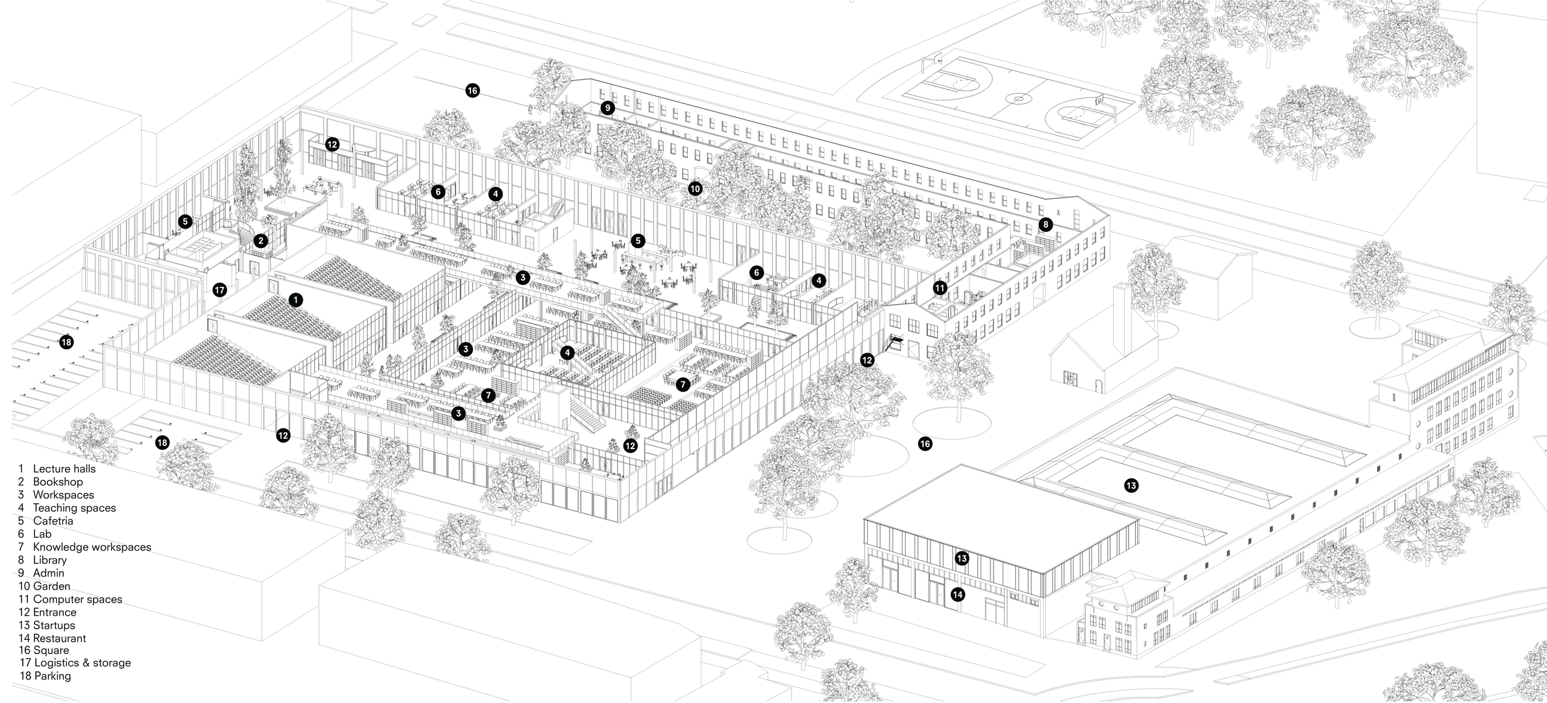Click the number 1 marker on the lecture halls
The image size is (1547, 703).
point(296,300)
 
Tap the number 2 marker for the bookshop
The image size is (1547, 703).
point(261,240)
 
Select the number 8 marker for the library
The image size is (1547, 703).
point(1046,225)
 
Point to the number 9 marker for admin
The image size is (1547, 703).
point(607,108)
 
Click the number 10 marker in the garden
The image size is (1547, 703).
point(695,188)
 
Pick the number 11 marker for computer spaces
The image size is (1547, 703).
point(940,287)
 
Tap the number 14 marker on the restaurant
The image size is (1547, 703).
point(958,595)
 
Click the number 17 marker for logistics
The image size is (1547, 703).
point(219,289)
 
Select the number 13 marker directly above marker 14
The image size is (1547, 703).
point(961,559)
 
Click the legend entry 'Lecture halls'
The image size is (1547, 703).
point(64,469)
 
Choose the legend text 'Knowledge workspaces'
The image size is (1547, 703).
point(92,547)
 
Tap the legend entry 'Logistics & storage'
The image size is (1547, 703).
point(82,663)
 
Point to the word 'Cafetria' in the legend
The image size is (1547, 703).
point(53,521)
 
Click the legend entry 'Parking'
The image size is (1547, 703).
point(53,676)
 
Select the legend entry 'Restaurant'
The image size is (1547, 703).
point(59,638)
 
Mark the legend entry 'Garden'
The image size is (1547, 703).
point(51,586)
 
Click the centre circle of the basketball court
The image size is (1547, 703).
point(1017,98)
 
